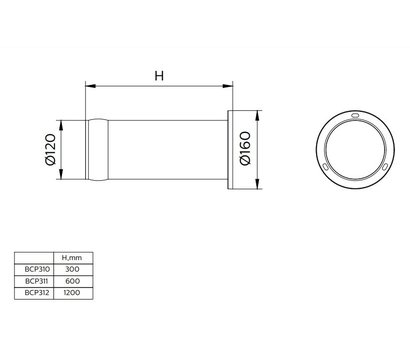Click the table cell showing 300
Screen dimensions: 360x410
point(71,268)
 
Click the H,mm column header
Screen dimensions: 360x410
point(71,257)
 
